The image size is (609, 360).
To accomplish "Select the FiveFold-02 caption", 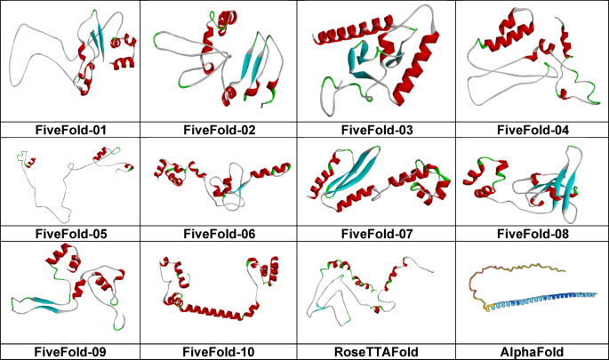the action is click(x=220, y=130).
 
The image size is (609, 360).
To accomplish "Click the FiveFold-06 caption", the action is click(x=220, y=234).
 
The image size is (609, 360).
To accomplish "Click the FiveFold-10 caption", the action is click(x=220, y=352).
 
